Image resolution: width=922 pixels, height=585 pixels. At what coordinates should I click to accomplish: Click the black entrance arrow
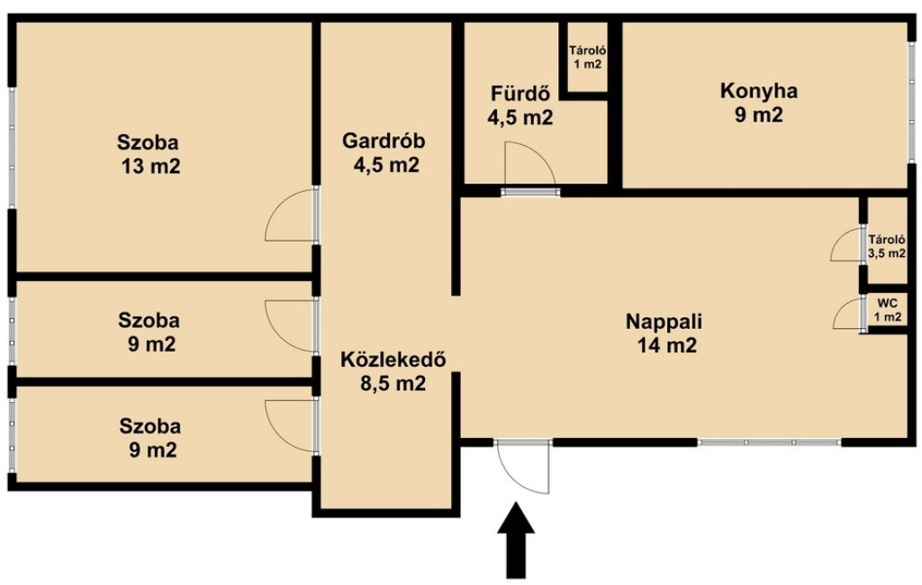point(516,540)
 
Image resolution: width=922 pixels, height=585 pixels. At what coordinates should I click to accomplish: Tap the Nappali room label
point(664,322)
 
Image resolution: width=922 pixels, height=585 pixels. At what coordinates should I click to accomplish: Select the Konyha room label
point(759,91)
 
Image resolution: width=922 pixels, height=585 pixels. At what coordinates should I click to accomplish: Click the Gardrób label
point(384,142)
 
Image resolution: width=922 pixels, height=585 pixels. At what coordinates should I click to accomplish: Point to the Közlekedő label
point(393,359)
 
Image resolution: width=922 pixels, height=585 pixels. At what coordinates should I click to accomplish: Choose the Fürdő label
point(520,94)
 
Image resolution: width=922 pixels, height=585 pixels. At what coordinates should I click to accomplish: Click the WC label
point(887,303)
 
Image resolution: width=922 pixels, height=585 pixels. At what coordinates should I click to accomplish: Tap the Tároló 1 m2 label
point(588,58)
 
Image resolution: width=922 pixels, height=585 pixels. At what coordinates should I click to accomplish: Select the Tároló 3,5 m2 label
point(887,247)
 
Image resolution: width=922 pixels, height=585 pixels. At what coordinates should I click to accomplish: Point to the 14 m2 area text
point(667,345)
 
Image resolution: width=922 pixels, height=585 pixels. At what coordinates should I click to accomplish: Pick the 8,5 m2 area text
point(393,384)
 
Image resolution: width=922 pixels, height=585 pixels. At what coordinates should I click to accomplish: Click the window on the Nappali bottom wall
point(770,442)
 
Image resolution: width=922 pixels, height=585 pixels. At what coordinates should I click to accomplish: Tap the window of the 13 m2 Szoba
point(12,147)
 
